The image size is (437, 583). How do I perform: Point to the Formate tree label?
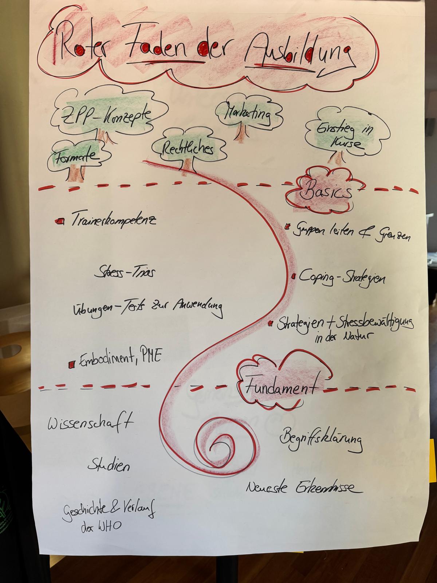77,157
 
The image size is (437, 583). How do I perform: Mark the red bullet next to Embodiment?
72,364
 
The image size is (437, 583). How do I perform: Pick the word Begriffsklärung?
321,439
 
